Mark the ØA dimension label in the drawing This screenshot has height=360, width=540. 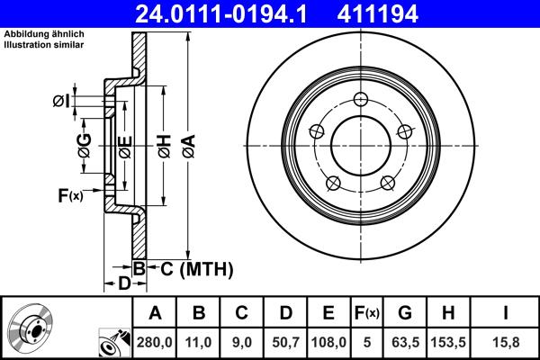187,145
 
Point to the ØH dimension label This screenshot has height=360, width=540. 164,145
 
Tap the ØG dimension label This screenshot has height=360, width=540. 84,145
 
